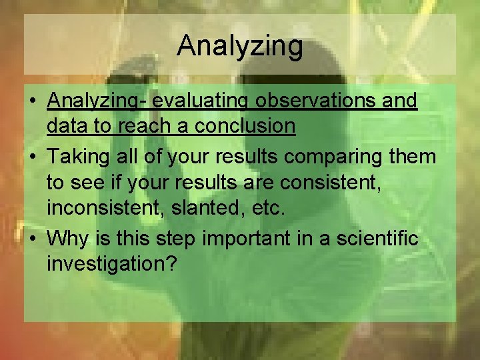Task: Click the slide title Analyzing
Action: pyautogui.click(x=240, y=46)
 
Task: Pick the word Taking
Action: pyautogui.click(x=75, y=157)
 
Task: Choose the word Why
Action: pyautogui.click(x=65, y=239)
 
